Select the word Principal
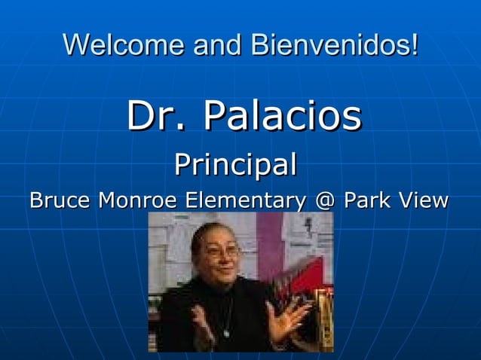click(236, 163)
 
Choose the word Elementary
click(250, 201)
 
